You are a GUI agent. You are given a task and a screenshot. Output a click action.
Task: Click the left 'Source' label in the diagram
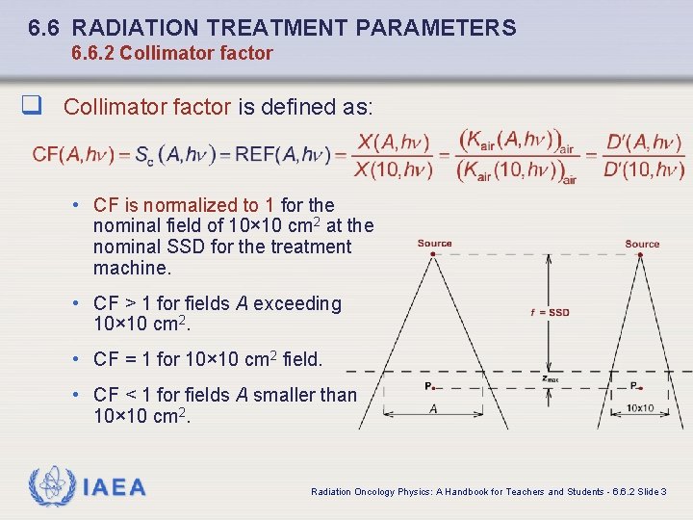(x=434, y=244)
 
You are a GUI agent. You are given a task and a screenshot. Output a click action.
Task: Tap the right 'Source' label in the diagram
(x=642, y=244)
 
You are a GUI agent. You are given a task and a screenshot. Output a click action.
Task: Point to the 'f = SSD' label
(x=550, y=312)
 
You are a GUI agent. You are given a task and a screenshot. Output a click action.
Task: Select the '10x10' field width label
(x=639, y=408)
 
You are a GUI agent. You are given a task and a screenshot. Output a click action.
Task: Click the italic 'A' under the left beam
(x=433, y=408)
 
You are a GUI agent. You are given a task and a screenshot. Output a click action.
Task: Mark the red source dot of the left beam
(x=434, y=253)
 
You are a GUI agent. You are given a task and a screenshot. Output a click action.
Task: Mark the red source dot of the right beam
(x=642, y=253)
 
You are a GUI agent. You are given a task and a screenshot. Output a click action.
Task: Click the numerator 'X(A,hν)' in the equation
(x=392, y=143)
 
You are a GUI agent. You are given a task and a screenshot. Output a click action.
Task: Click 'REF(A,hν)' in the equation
(x=287, y=154)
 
